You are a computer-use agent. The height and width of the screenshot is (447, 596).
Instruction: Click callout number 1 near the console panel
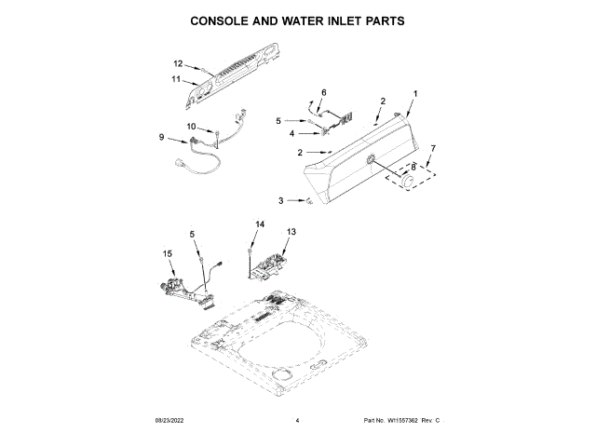tap(414, 93)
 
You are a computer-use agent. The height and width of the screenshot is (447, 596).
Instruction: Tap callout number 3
tap(281, 200)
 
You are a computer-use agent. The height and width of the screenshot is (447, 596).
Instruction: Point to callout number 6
tap(324, 92)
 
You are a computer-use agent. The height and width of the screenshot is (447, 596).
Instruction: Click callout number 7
tap(431, 148)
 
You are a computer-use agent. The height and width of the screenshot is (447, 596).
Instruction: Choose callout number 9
tap(162, 138)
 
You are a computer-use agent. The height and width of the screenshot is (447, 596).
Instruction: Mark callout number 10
tap(191, 126)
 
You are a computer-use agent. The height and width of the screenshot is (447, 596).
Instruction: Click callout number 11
tap(175, 80)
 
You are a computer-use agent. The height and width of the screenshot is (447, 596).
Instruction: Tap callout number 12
tap(178, 63)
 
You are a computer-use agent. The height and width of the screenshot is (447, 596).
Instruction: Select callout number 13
tap(291, 231)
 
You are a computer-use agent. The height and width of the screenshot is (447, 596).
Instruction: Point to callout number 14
tap(260, 224)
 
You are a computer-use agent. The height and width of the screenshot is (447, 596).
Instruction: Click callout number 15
tap(168, 253)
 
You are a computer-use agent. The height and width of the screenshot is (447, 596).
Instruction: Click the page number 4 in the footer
tap(297, 422)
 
